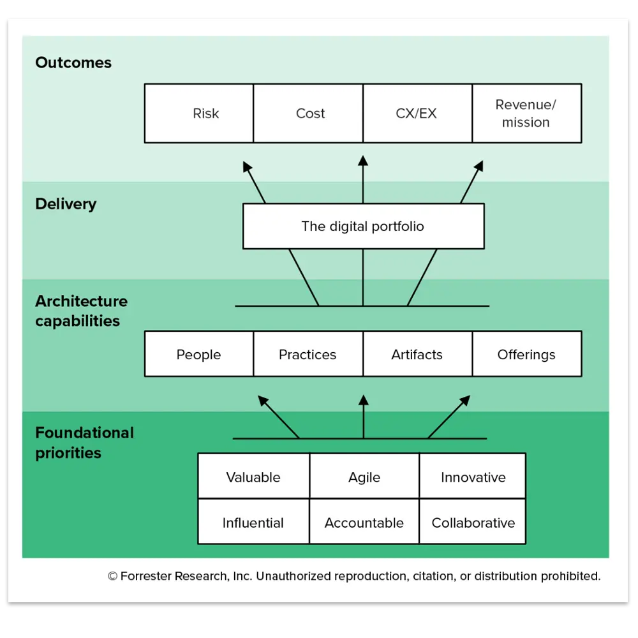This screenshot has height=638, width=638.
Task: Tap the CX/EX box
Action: [x=417, y=114]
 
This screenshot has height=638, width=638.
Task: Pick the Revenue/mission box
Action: [x=526, y=114]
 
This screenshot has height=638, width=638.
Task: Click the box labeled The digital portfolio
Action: [x=363, y=226]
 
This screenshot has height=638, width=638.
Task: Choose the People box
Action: [x=199, y=354]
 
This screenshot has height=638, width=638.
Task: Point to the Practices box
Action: [x=308, y=354]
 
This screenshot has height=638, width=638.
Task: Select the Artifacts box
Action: [x=417, y=354]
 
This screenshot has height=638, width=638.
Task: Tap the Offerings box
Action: [x=526, y=354]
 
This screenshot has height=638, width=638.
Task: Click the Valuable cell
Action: [x=253, y=477]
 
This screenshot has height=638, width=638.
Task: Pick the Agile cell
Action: [x=364, y=477]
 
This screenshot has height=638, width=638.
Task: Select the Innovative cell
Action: [x=473, y=477]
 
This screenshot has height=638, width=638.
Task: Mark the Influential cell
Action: [x=253, y=523]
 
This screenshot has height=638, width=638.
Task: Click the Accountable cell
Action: [x=364, y=523]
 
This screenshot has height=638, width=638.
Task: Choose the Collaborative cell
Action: [x=473, y=523]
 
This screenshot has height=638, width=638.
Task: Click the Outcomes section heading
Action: [x=73, y=63]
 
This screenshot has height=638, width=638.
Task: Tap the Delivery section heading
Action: [x=66, y=204]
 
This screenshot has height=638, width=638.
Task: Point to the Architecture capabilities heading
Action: [x=81, y=311]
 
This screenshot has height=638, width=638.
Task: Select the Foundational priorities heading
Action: [x=84, y=443]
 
